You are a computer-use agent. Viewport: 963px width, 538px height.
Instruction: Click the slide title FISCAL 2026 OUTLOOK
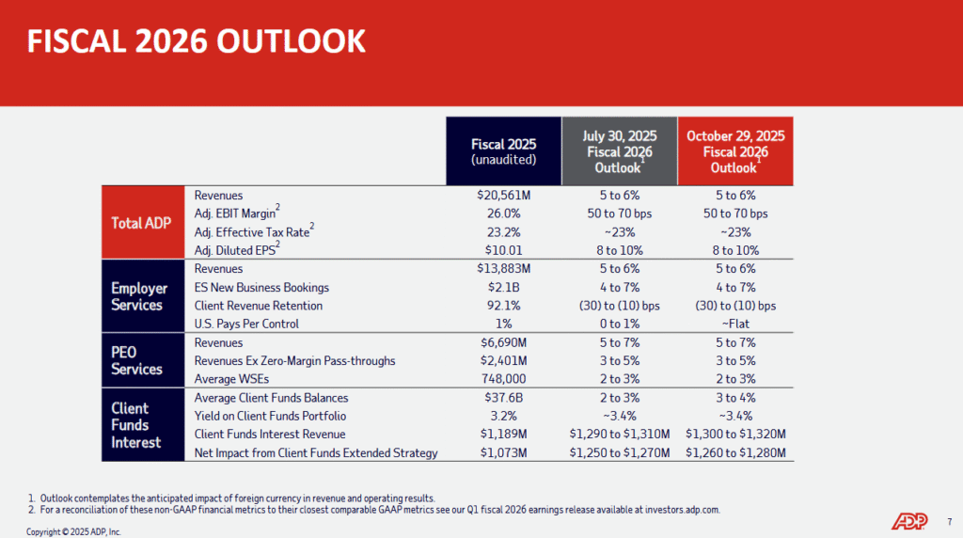pyautogui.click(x=196, y=41)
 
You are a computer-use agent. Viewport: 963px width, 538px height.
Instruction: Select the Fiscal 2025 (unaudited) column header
pyautogui.click(x=503, y=150)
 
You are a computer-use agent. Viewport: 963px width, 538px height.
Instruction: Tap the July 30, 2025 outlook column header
pyautogui.click(x=620, y=151)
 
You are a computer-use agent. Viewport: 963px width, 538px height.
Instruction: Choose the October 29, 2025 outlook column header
pyautogui.click(x=735, y=151)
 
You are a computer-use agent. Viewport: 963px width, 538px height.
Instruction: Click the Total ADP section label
pyautogui.click(x=140, y=223)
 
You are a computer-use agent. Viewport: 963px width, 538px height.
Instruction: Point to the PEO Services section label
pyautogui.click(x=137, y=360)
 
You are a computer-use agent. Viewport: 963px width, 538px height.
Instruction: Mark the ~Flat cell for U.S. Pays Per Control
pyautogui.click(x=735, y=324)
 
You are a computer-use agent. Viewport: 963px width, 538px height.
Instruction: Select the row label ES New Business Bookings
pyautogui.click(x=260, y=287)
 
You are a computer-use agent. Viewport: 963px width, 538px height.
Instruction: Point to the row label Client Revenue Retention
pyautogui.click(x=259, y=306)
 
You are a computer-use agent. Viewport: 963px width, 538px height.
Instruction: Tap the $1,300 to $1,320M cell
pyautogui.click(x=735, y=435)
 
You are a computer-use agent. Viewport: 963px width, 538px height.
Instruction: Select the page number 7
pyautogui.click(x=948, y=520)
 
